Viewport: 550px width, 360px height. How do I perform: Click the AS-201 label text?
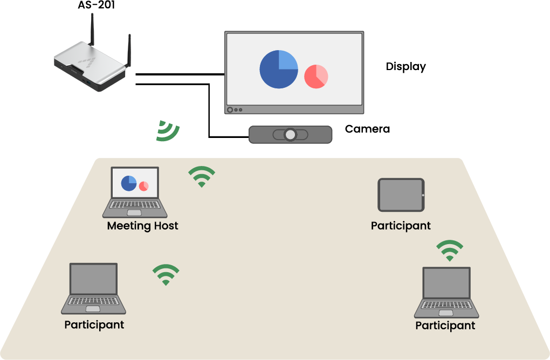click(96, 5)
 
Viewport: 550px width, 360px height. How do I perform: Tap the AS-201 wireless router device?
click(92, 67)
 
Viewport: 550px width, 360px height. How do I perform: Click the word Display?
click(405, 67)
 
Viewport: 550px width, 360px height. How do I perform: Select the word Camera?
click(367, 129)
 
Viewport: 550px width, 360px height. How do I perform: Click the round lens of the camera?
click(291, 134)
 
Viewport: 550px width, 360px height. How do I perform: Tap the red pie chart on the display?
click(316, 76)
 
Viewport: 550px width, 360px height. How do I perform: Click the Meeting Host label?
click(142, 226)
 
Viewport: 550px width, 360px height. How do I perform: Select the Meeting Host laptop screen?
click(135, 183)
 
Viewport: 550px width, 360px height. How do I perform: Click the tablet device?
click(401, 195)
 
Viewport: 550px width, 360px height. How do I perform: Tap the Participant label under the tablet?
click(401, 226)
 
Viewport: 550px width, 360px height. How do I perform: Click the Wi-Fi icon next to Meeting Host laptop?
click(201, 176)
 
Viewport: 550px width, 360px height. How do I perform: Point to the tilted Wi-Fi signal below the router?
click(168, 131)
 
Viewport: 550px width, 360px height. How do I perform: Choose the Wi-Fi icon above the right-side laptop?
click(449, 251)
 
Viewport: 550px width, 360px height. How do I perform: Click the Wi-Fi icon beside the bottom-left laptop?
click(166, 274)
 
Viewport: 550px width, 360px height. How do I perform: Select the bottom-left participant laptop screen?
click(94, 279)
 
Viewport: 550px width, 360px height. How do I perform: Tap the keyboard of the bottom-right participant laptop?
click(446, 305)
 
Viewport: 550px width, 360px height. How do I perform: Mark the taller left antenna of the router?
click(92, 30)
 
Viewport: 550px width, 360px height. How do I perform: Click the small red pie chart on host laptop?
click(143, 186)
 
